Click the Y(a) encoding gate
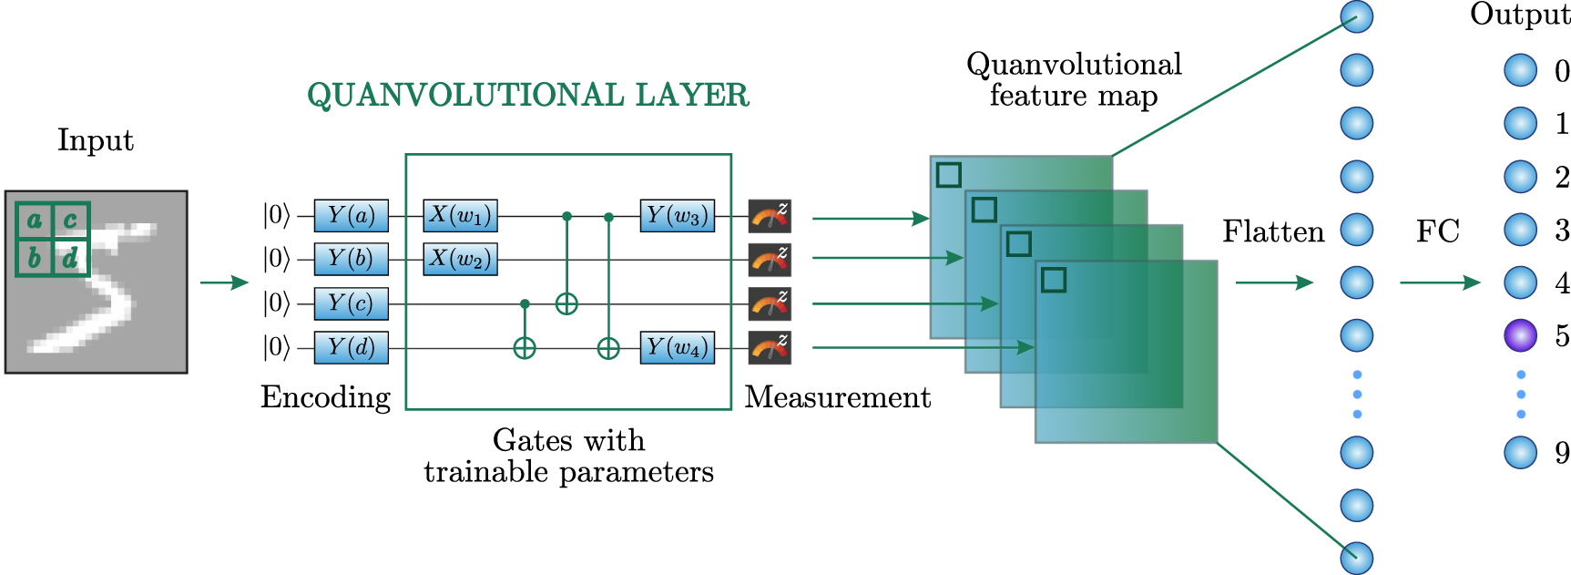(x=351, y=216)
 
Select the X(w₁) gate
(x=460, y=216)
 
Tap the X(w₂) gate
(x=460, y=260)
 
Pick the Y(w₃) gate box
(x=677, y=216)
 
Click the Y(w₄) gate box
(x=677, y=347)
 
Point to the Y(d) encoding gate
(x=351, y=347)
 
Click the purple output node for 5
(x=1520, y=336)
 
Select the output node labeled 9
(x=1520, y=452)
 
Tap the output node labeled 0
(x=1520, y=70)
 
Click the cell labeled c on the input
(x=71, y=221)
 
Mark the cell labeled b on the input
(x=35, y=258)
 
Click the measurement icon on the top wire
(x=770, y=216)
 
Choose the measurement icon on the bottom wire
(x=770, y=347)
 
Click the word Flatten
(x=1272, y=232)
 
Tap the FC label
(x=1437, y=232)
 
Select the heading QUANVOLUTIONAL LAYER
(x=528, y=95)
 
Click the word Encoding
(x=325, y=397)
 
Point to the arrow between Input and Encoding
(x=224, y=282)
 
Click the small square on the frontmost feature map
(x=1054, y=280)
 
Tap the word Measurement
(x=837, y=397)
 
